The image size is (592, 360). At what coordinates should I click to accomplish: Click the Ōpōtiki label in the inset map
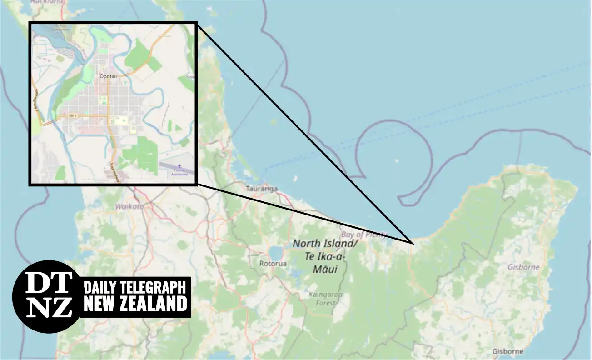pos(108,76)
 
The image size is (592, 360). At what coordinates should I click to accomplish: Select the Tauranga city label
pos(261,188)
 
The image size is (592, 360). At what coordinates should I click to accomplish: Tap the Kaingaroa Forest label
pos(325,298)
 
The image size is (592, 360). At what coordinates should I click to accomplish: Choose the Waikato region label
pos(129,206)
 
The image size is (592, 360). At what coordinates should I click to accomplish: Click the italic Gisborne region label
pos(523,267)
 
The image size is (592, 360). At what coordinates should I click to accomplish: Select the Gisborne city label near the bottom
pos(507,351)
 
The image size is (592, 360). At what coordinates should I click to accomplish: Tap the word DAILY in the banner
pos(100,288)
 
